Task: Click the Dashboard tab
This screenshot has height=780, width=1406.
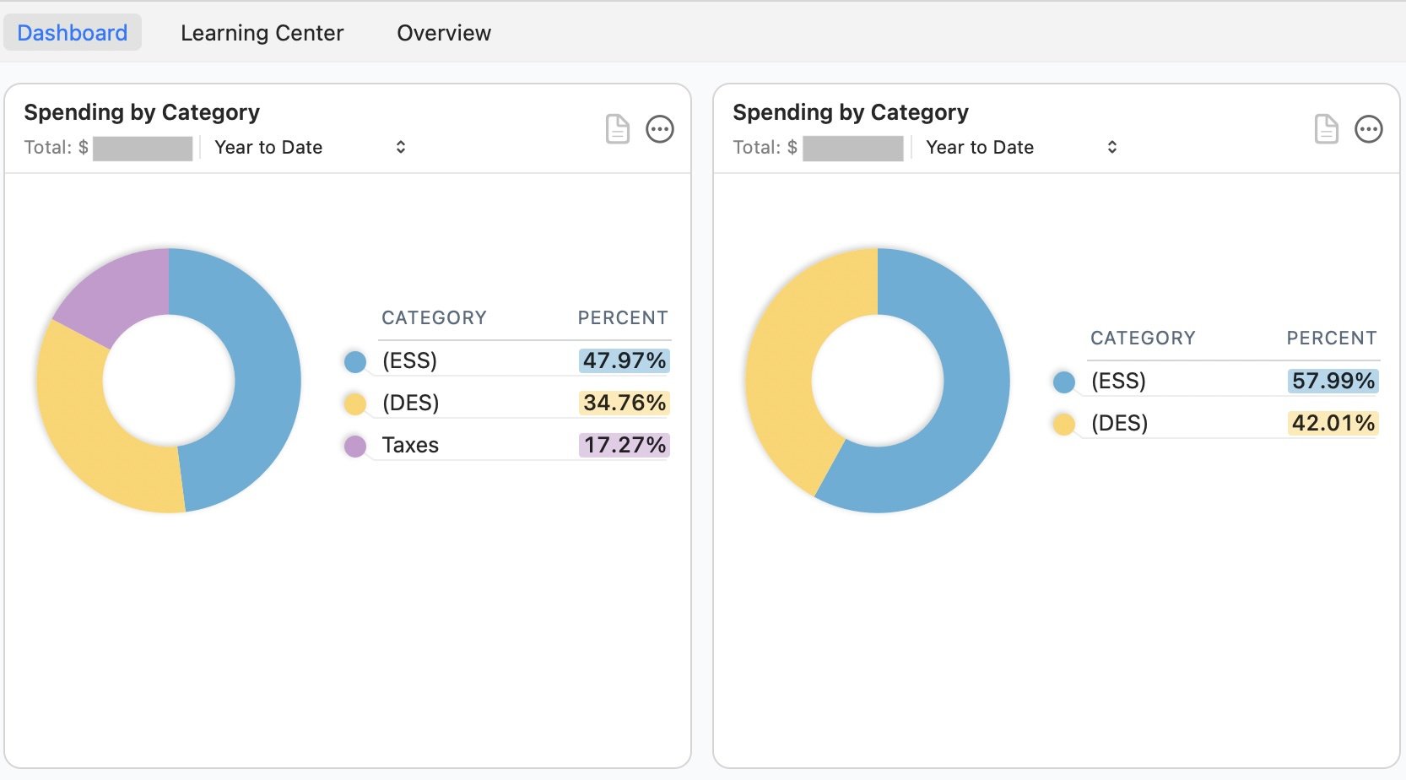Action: pyautogui.click(x=73, y=33)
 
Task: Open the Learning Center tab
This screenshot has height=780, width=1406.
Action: pyautogui.click(x=262, y=33)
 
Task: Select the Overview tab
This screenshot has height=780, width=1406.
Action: pyautogui.click(x=444, y=33)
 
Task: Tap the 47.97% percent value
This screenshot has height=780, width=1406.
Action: pyautogui.click(x=625, y=360)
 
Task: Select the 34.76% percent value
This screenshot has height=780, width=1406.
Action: pyautogui.click(x=625, y=403)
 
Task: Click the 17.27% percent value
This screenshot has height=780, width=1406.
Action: pyautogui.click(x=625, y=445)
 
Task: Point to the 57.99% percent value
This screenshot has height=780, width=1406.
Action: pyautogui.click(x=1333, y=381)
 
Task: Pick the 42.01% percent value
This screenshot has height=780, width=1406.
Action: pyautogui.click(x=1333, y=423)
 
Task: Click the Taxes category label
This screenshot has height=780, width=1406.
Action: pyautogui.click(x=410, y=445)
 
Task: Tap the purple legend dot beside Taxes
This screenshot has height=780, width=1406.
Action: pyautogui.click(x=355, y=446)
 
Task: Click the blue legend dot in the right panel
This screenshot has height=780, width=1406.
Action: pyautogui.click(x=1064, y=382)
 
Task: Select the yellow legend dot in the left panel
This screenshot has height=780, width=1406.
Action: pyautogui.click(x=355, y=404)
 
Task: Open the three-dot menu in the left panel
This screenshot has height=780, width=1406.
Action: pyautogui.click(x=660, y=129)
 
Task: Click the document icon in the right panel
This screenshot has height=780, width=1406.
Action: pyautogui.click(x=1327, y=129)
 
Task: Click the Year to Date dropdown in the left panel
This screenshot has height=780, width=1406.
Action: pyautogui.click(x=309, y=148)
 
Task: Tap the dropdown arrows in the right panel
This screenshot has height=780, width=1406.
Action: pyautogui.click(x=1112, y=148)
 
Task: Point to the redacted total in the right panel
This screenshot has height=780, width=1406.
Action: pyautogui.click(x=853, y=149)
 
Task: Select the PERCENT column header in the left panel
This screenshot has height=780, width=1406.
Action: pyautogui.click(x=623, y=318)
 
